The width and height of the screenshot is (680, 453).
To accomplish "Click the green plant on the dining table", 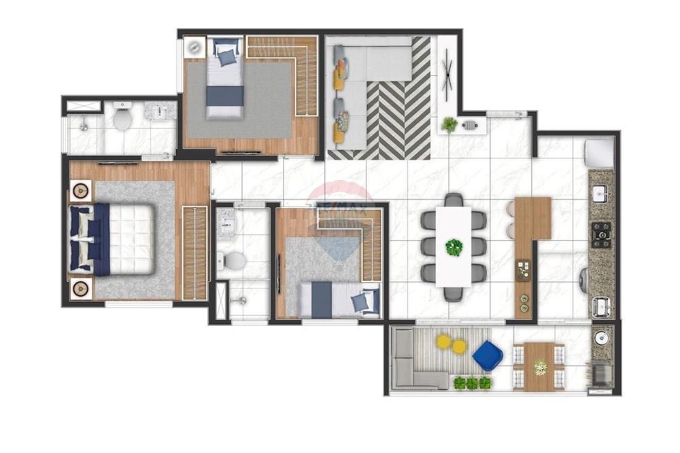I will tap(454, 247).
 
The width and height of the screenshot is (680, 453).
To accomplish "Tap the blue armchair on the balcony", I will tap(488, 356).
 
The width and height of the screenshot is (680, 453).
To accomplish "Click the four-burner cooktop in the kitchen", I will tap(601, 234).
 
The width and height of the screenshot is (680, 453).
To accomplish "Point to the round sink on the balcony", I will tap(601, 338).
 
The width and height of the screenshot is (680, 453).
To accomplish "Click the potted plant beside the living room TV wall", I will tap(449, 124).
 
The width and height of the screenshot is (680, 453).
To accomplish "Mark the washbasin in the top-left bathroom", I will tap(161, 111).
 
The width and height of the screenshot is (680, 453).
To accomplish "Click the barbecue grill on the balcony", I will tap(601, 374).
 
